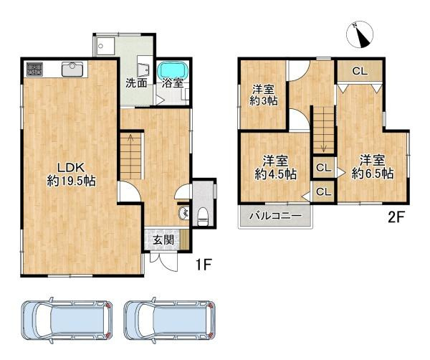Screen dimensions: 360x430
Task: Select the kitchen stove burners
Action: [34, 70]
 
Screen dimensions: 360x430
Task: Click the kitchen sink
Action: [73, 69]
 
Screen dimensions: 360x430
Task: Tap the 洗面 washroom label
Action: [137, 82]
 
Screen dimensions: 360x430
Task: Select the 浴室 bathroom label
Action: [172, 83]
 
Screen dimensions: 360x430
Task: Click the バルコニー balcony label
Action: [275, 216]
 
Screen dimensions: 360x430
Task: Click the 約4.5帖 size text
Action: [277, 174]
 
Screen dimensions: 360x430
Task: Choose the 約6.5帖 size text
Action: [373, 174]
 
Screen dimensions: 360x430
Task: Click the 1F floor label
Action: [204, 265]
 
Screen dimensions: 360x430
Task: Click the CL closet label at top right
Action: [360, 71]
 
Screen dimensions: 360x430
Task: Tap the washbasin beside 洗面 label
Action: [143, 69]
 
